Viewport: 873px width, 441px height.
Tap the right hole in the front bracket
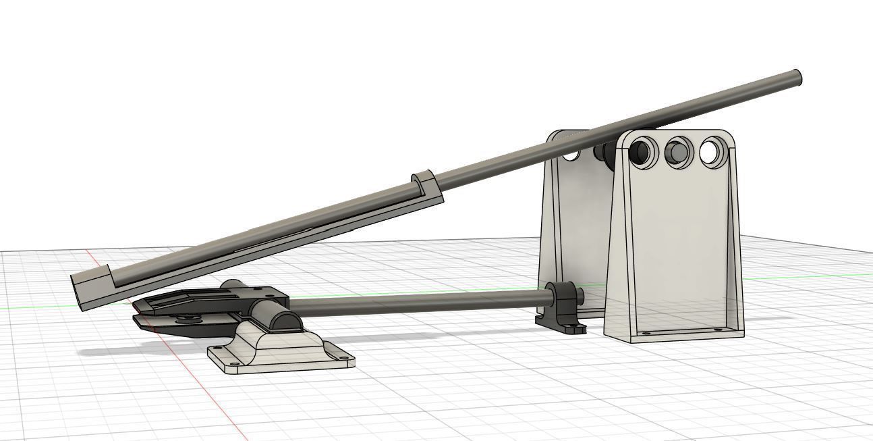click(712, 152)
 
